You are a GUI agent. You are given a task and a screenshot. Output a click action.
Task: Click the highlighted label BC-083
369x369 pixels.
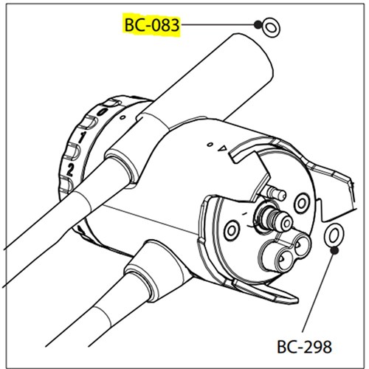[152, 25]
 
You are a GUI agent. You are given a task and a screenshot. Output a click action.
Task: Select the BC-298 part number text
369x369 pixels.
[304, 347]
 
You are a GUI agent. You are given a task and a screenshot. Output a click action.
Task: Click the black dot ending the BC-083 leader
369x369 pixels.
[258, 24]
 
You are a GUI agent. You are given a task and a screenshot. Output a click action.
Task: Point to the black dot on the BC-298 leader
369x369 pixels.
[334, 251]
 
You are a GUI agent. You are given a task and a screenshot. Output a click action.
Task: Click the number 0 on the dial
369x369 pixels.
[103, 112]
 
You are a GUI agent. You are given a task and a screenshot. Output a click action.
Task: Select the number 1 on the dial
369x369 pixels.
[81, 137]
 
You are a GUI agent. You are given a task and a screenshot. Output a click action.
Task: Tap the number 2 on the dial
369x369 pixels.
[70, 170]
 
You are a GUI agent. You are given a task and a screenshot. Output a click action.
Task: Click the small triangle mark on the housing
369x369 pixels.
[223, 148]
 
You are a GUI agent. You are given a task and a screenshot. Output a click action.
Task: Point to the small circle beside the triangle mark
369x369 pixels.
[210, 145]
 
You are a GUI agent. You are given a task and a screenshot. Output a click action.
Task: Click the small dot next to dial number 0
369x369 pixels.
[123, 117]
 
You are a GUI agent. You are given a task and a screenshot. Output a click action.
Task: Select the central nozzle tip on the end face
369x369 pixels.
[286, 223]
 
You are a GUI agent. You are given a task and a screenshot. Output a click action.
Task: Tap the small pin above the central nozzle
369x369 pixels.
[277, 193]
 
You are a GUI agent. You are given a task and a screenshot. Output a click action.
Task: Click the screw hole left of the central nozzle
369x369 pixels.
[231, 230]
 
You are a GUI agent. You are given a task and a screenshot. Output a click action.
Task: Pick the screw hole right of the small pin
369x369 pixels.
[302, 204]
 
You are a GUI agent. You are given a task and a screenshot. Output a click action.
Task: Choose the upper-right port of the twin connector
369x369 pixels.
[300, 246]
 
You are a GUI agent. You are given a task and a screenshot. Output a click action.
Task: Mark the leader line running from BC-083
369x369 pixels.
[218, 24]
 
